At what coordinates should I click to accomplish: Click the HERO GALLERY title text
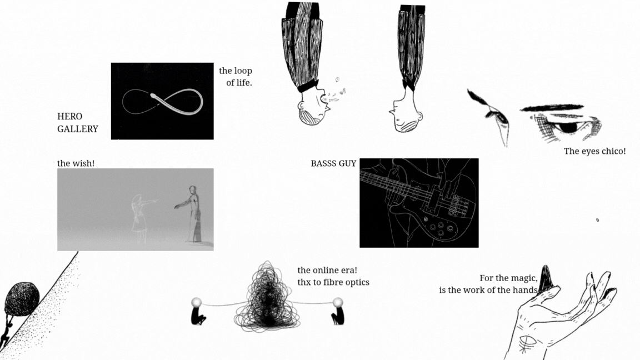[78, 122]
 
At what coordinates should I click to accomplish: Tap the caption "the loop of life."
[236, 76]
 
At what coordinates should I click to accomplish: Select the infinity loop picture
[162, 101]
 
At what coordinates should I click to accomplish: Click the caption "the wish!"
[76, 163]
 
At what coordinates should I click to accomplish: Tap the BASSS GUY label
[333, 163]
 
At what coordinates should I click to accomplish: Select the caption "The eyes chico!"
[594, 151]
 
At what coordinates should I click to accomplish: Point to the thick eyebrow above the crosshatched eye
[552, 108]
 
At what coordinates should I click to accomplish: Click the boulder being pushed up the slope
[22, 298]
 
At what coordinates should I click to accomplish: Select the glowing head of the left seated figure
[197, 302]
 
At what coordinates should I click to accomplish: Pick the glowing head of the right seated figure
[338, 302]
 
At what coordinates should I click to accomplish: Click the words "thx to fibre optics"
[333, 282]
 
